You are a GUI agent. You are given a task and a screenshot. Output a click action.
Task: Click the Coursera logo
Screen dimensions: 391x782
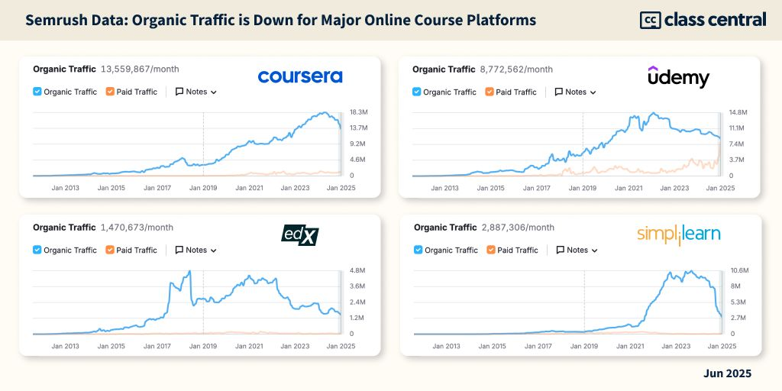coord(300,76)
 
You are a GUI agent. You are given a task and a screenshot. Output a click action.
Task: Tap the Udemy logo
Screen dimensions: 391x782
coord(678,77)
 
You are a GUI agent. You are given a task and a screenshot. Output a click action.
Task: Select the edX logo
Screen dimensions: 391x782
coord(299,235)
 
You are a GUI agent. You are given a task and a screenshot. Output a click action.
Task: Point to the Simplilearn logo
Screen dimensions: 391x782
coord(679,234)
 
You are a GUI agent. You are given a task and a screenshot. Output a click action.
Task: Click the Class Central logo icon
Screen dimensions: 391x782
coord(650,20)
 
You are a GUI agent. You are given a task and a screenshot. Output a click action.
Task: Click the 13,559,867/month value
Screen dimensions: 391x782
coord(135,69)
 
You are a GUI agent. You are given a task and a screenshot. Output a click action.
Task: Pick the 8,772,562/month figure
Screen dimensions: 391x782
coord(515,69)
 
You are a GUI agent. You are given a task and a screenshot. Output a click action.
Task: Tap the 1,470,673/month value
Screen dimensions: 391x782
coord(137,227)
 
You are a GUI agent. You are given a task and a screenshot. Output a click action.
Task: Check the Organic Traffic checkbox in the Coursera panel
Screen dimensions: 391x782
coord(37,92)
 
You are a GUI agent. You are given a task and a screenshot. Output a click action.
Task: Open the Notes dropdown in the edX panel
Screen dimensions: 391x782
coord(196,250)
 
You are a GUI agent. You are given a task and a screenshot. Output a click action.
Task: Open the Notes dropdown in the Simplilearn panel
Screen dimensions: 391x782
coord(577,250)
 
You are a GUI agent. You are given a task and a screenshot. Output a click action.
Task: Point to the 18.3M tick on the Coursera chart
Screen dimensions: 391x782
coord(358,112)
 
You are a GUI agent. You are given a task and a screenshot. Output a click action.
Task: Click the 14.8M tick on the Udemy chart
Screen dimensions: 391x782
coord(738,112)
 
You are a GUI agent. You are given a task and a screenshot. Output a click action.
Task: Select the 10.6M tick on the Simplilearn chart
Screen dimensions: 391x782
coord(739,270)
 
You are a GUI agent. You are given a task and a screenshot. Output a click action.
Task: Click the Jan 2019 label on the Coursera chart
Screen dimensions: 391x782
coord(204,187)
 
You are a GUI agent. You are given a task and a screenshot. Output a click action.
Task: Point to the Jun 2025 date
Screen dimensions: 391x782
coord(727,373)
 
